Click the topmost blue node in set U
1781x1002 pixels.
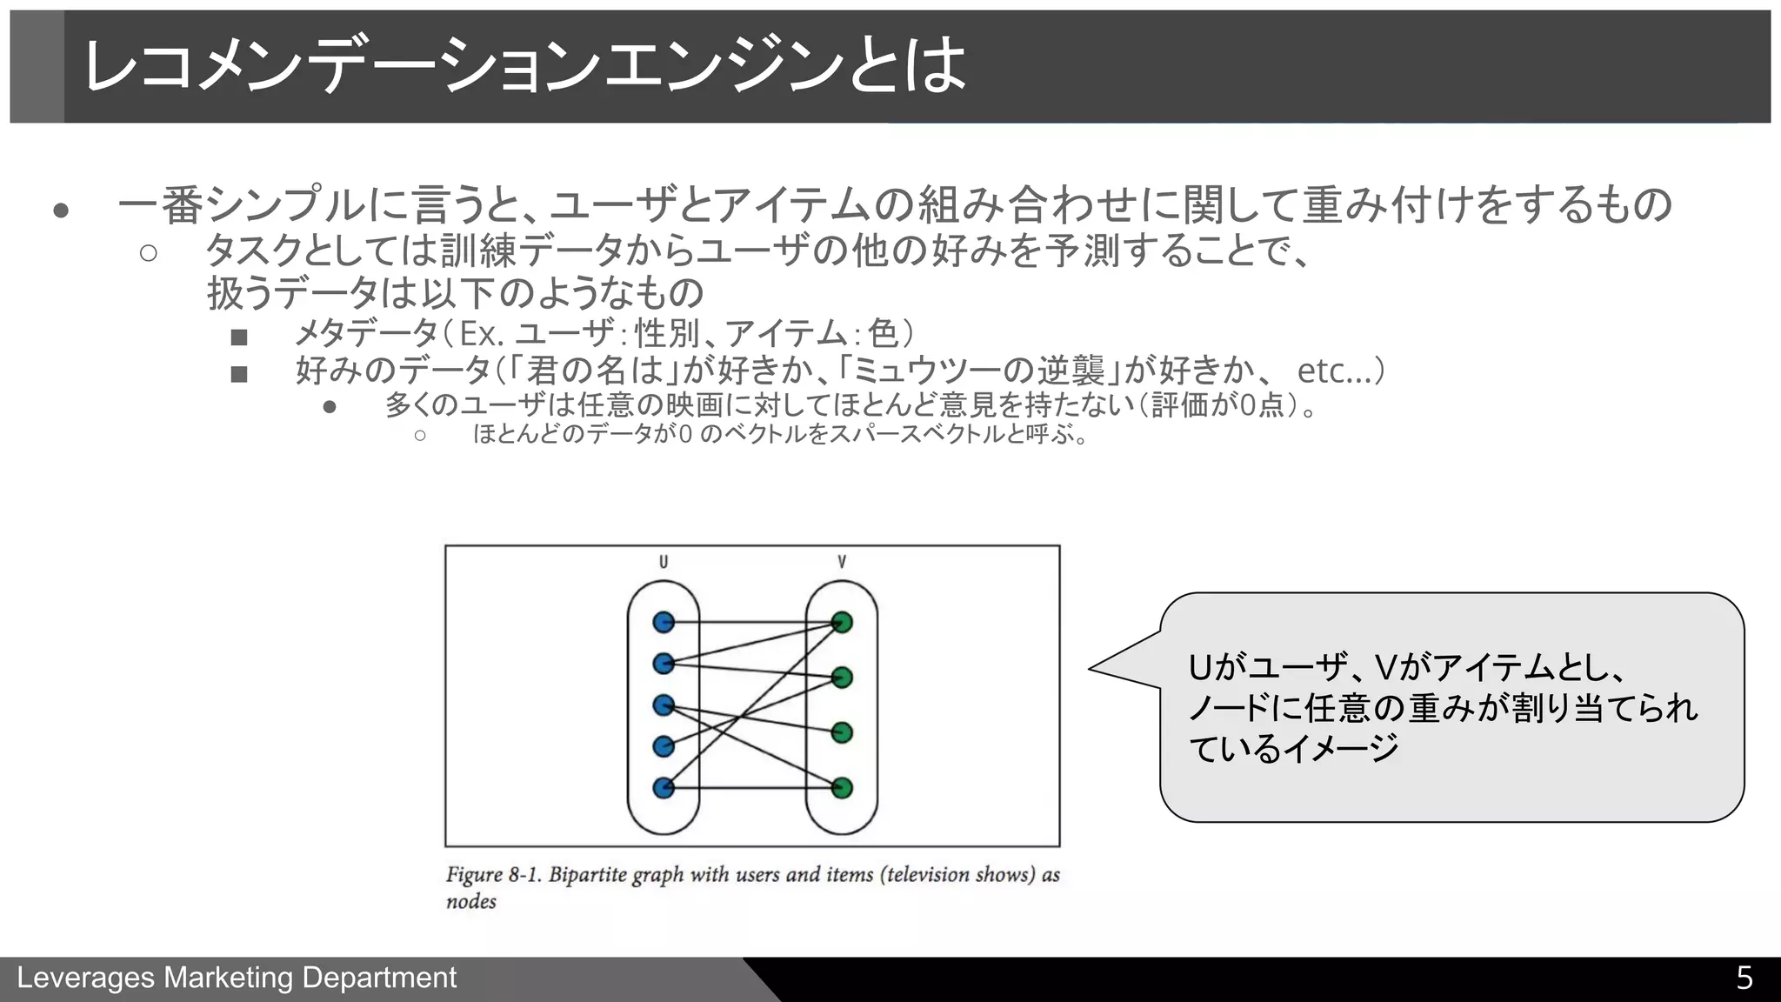click(664, 622)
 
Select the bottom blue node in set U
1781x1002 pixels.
click(664, 788)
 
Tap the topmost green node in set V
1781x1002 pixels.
click(842, 622)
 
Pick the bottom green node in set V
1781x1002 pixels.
click(842, 788)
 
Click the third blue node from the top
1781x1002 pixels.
click(664, 705)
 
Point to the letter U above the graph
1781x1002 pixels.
click(664, 562)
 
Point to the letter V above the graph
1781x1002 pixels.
click(842, 562)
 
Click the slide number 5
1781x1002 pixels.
click(1744, 979)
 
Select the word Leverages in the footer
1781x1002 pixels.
click(86, 979)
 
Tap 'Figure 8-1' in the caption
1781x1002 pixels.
click(494, 875)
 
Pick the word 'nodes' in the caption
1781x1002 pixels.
click(471, 902)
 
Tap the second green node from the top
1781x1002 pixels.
click(842, 677)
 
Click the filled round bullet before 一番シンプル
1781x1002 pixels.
click(61, 210)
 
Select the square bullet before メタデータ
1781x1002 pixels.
click(239, 337)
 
